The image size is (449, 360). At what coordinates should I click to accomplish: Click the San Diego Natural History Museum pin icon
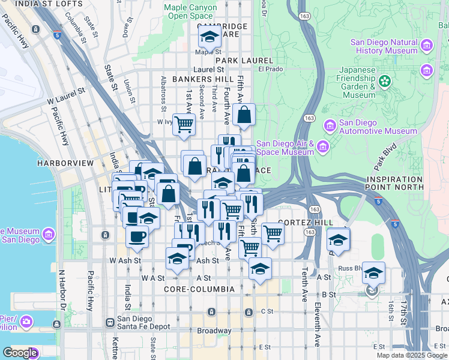point(427,46)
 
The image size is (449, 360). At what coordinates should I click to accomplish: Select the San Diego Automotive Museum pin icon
point(330,127)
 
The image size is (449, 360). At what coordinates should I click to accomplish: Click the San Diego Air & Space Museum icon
point(323,147)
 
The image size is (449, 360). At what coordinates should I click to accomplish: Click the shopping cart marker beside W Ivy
point(184,125)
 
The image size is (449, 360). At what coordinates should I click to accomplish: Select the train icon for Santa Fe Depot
point(110,323)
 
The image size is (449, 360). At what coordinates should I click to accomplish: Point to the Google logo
point(20,353)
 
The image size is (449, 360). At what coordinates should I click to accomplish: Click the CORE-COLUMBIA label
point(199,289)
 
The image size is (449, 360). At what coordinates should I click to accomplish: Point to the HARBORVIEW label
point(65,163)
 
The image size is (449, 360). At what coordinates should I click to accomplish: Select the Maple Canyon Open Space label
point(190,11)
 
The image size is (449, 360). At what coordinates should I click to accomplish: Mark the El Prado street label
point(270,69)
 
